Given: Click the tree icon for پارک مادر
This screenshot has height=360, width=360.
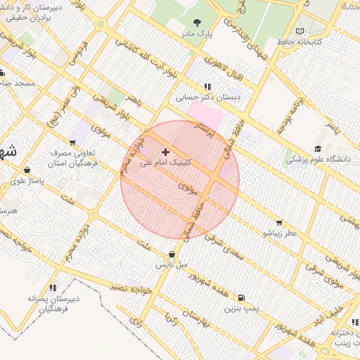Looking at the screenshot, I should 196,22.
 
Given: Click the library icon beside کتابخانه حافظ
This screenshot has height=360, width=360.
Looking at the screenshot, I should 300,31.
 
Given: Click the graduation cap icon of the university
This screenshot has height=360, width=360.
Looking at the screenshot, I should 318,148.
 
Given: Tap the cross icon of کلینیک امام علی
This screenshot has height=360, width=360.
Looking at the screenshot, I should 165,151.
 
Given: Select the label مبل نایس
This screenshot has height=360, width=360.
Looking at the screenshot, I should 172,265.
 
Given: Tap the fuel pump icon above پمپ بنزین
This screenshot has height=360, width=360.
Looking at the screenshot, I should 243,298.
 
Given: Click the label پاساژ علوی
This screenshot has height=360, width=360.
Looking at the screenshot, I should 27,181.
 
